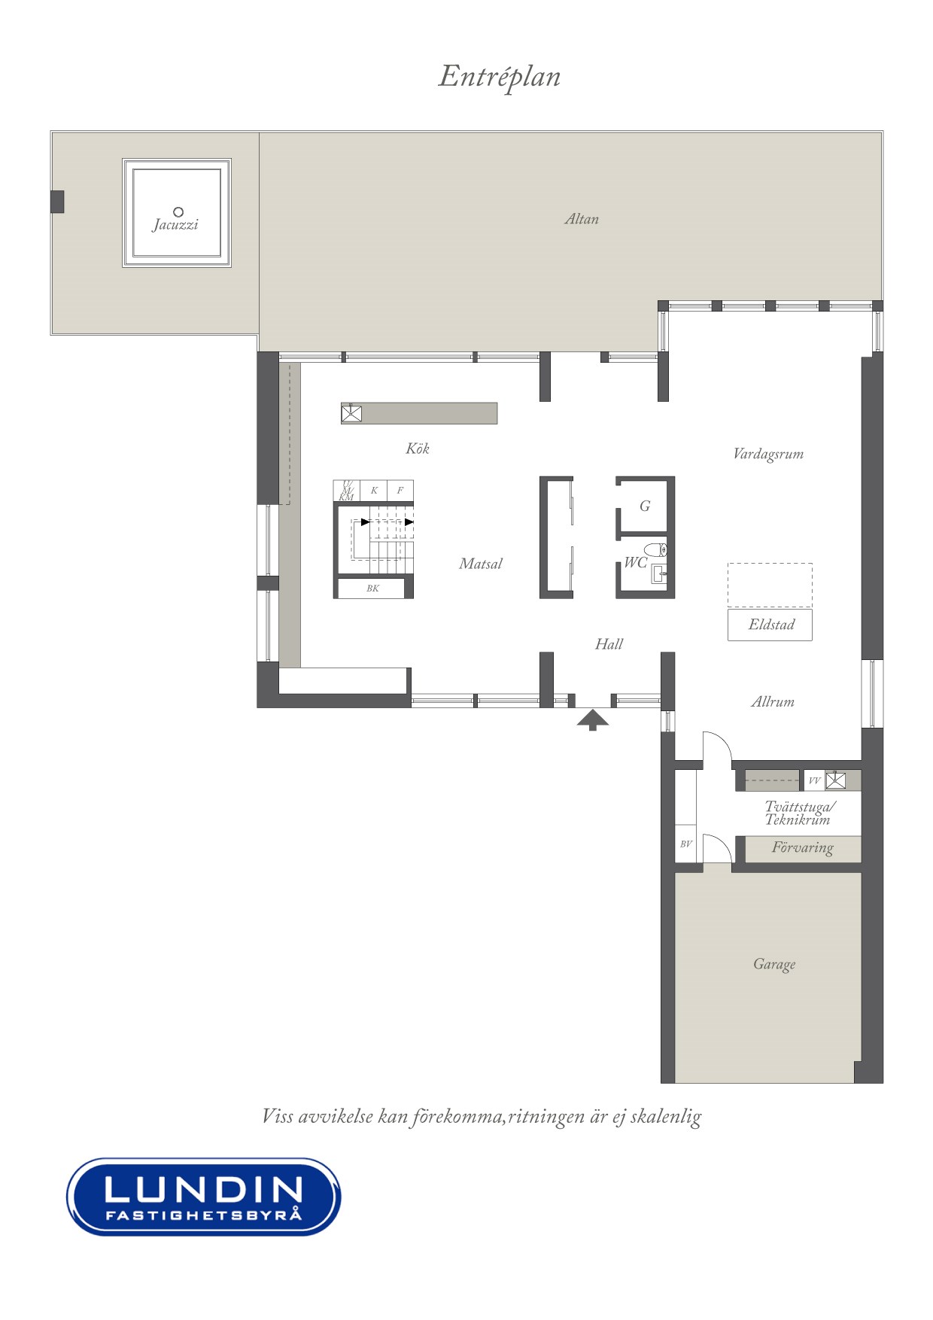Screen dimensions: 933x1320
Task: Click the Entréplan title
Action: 500,77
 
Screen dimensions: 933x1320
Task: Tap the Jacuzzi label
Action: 175,225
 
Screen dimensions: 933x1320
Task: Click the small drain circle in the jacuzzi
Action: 178,211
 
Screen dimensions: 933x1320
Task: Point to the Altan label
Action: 582,219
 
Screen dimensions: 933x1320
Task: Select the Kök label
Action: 418,449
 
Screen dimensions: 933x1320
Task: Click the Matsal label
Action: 481,564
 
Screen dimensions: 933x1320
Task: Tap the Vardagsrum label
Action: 768,454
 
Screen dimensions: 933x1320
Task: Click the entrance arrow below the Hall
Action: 593,719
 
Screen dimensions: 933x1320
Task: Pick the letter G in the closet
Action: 645,506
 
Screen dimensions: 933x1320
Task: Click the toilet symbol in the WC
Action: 655,549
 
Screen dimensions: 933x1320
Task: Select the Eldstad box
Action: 770,625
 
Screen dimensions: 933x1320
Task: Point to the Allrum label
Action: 773,701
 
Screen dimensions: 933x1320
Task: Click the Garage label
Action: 774,964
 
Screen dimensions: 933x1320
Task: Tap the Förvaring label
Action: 802,848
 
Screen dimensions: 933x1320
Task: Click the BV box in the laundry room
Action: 685,844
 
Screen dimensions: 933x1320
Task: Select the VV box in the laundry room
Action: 814,780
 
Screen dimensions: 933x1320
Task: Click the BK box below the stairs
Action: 372,588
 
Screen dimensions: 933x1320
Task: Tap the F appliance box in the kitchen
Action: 400,490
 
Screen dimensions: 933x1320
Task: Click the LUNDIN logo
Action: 204,1196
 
